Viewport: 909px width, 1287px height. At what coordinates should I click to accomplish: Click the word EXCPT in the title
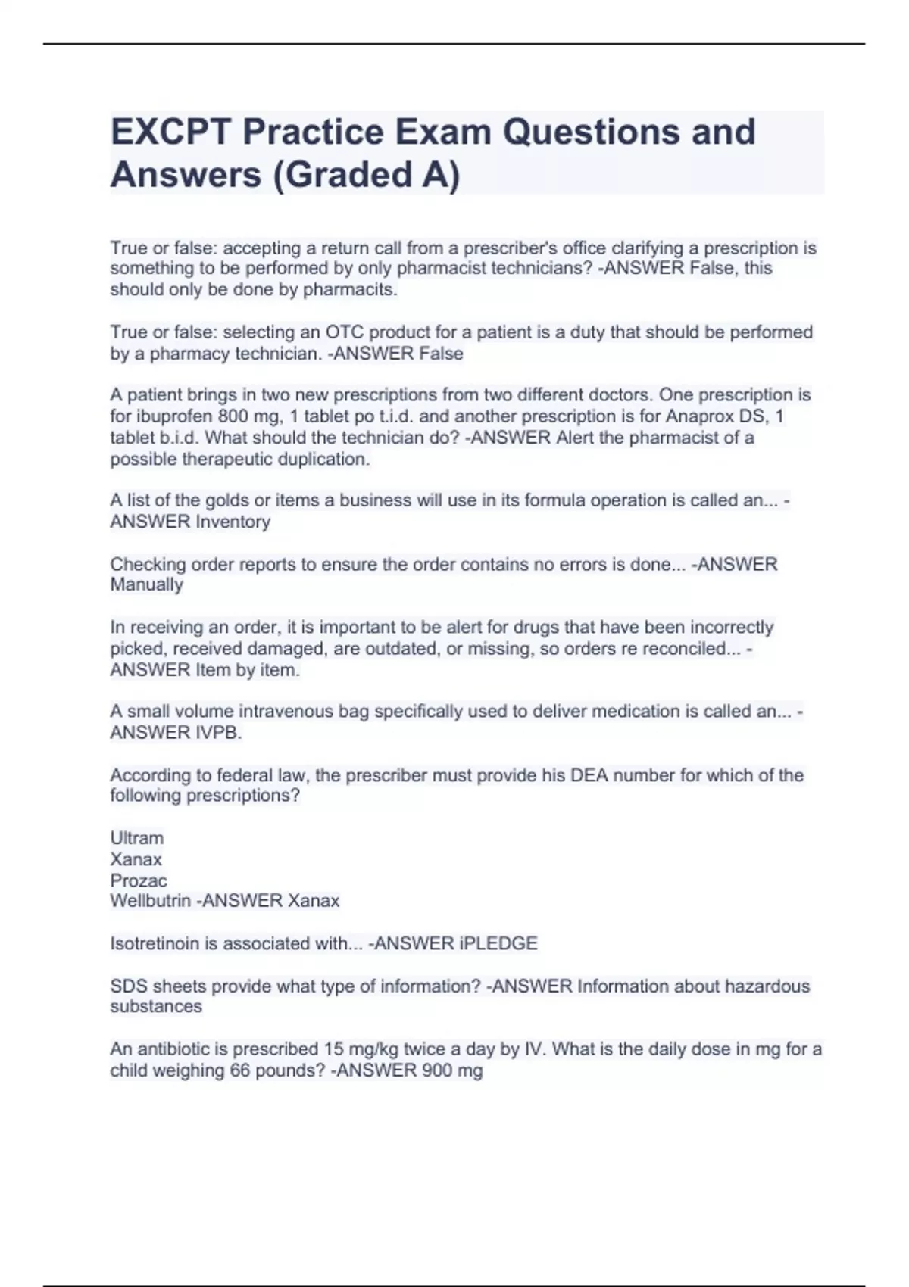[172, 132]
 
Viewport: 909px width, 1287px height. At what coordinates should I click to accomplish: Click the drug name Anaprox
[701, 416]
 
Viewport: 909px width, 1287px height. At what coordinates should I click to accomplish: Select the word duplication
[323, 460]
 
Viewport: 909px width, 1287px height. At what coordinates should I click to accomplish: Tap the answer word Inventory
[233, 522]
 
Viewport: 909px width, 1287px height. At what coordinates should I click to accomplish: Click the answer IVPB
[218, 733]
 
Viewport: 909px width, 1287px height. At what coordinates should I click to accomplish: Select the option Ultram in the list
[137, 838]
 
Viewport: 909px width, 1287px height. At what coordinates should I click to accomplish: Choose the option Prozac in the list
[139, 880]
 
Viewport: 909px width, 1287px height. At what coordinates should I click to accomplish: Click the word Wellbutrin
[150, 901]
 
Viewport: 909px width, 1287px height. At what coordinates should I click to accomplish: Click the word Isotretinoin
[155, 943]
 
